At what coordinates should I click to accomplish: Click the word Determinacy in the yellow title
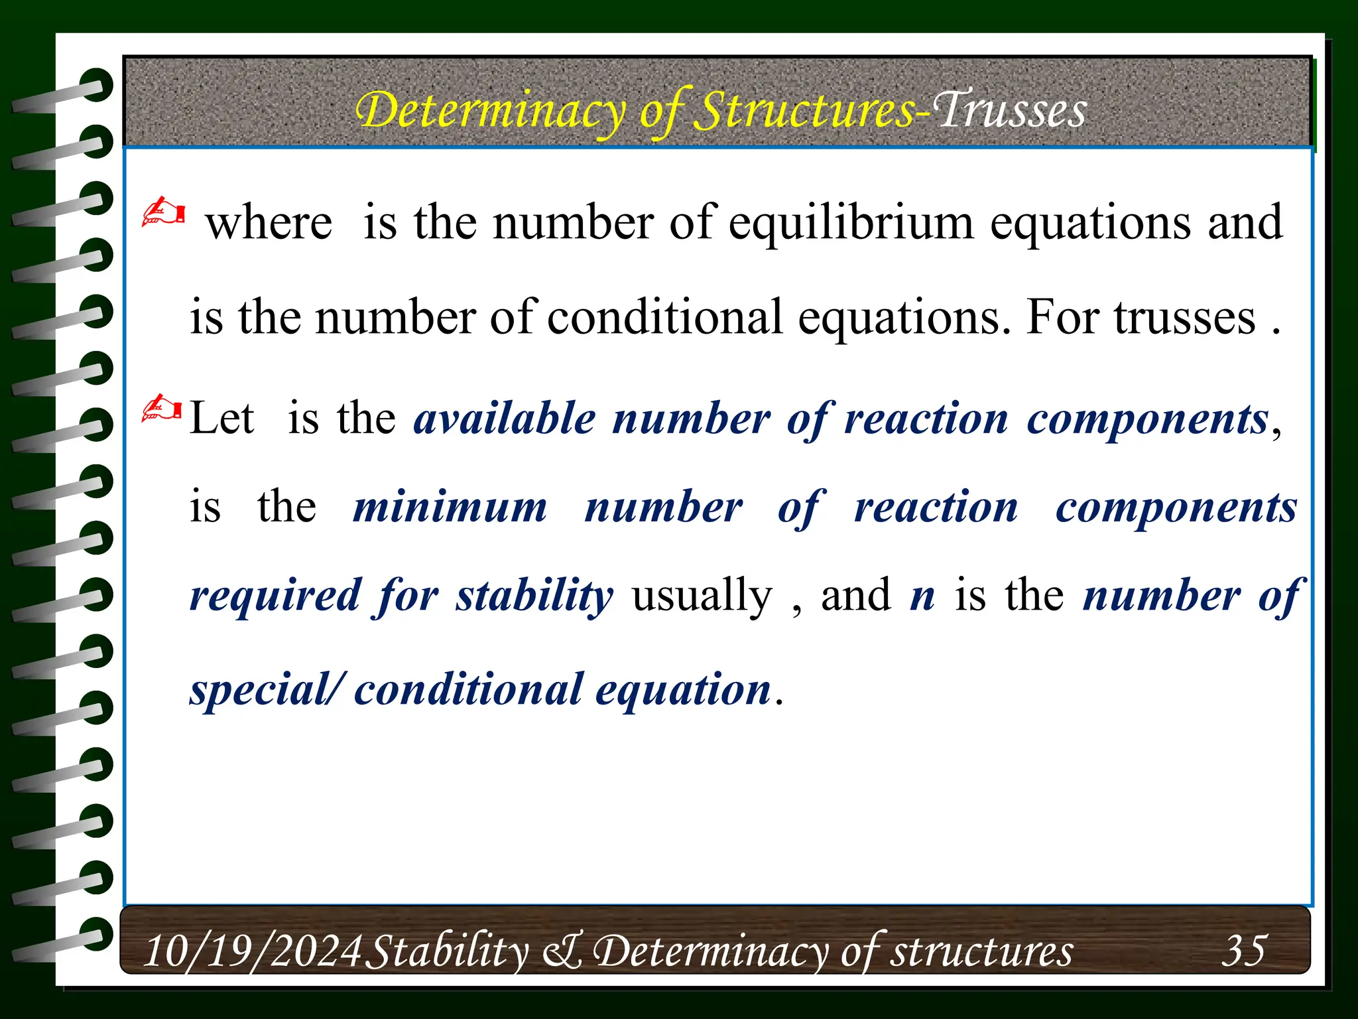coord(491,111)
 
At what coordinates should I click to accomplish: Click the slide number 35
coord(1244,950)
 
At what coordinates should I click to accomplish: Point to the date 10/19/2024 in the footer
coord(253,951)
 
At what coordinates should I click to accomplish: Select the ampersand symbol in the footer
coord(562,951)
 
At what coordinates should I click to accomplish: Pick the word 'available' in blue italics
coord(505,419)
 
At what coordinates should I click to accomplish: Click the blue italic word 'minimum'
coord(450,508)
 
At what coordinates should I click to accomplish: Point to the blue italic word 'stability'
coord(534,595)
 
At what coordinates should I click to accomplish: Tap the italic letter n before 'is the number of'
coord(922,595)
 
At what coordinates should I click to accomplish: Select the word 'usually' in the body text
coord(702,595)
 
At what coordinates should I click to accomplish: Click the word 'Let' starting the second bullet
coord(221,419)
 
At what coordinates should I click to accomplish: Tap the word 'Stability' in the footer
coord(448,951)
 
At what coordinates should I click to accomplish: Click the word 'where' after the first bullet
coord(269,222)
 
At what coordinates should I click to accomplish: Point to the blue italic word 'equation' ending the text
coord(683,690)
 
